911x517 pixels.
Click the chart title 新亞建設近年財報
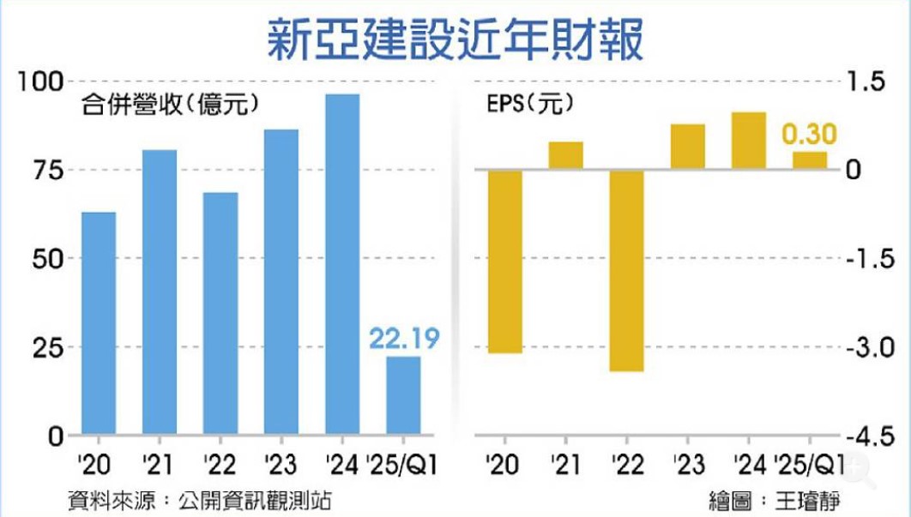455,39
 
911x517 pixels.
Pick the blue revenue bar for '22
220,314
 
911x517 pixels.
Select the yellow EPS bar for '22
626,271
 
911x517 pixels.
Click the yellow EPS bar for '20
504,262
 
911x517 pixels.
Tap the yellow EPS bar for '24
748,141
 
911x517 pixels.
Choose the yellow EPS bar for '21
565,156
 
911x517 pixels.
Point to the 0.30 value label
809,135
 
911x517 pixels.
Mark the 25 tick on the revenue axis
48,347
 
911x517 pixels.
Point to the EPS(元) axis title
524,106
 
